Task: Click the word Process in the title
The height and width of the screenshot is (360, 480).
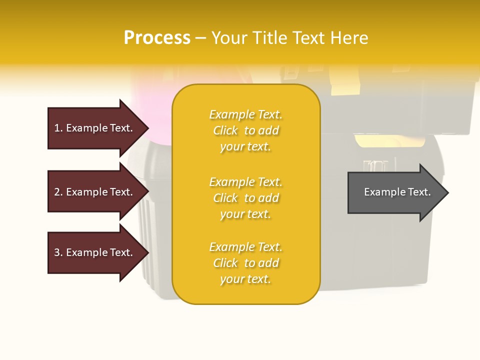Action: (x=157, y=38)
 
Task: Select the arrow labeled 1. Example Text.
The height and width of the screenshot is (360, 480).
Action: (x=95, y=128)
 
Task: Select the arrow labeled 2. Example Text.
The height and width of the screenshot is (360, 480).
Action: (x=95, y=192)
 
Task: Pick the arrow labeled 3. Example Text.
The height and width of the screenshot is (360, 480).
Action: (x=95, y=252)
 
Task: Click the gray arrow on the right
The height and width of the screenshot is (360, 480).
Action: (x=395, y=192)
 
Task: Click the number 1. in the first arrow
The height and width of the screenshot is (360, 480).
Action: (x=58, y=128)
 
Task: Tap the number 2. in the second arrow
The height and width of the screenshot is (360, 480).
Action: (x=58, y=192)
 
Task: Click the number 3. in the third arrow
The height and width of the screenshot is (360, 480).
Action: (x=58, y=252)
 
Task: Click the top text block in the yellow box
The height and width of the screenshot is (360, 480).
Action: (x=245, y=130)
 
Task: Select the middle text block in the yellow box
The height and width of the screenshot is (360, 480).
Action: (x=245, y=198)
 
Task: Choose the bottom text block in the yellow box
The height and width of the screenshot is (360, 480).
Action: (x=245, y=263)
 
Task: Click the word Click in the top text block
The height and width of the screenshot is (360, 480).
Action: (x=225, y=130)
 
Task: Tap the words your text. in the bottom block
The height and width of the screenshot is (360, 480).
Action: (x=245, y=279)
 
